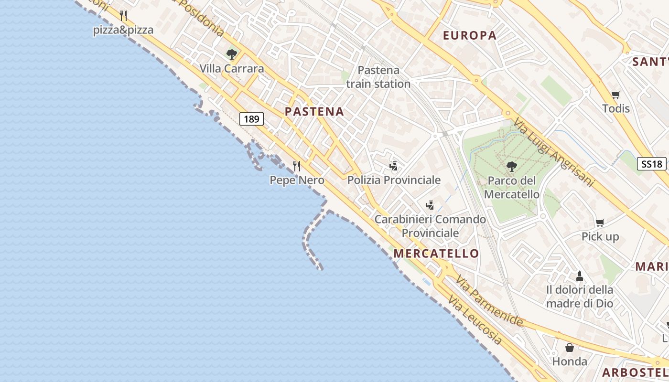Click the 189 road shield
pos(251,119)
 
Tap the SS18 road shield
pos(652,164)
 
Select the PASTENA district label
pos(314,112)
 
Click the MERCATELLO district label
pos(436,254)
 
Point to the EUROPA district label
pos(470,35)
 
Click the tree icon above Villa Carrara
pos(232,54)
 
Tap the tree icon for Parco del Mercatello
pos(511,167)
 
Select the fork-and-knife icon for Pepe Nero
pos(297,166)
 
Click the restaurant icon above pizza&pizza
pos(123,16)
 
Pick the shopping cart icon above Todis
pos(615,95)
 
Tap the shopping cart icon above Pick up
pos(600,223)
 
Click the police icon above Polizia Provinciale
pos(394,166)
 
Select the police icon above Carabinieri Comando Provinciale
pos(430,205)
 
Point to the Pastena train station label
pos(378,77)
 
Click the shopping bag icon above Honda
pos(570,348)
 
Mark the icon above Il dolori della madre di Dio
pos(580,276)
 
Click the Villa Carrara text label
pos(232,69)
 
